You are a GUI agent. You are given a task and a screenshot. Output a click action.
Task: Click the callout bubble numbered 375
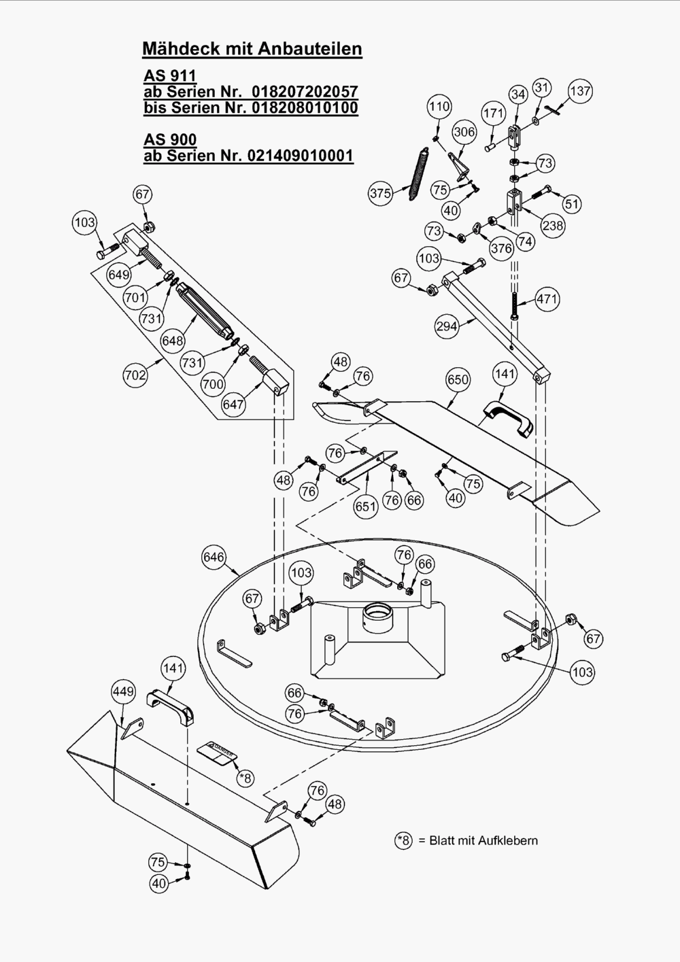380,193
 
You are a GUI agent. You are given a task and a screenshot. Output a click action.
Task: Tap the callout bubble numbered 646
214,557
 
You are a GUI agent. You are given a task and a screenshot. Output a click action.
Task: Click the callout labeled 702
135,375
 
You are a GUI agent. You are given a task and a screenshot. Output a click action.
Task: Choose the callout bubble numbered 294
447,326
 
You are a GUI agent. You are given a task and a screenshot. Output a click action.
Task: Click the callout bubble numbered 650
458,379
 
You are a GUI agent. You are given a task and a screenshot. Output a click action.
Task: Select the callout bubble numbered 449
123,691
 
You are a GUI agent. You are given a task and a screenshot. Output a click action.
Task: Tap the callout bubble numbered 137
580,91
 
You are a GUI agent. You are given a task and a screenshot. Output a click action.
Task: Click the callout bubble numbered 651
365,506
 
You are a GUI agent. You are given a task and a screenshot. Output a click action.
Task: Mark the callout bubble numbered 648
172,340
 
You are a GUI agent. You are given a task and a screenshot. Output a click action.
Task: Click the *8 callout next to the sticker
245,777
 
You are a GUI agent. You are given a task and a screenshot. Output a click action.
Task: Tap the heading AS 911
170,75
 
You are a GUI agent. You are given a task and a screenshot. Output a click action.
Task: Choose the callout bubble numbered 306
464,132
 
